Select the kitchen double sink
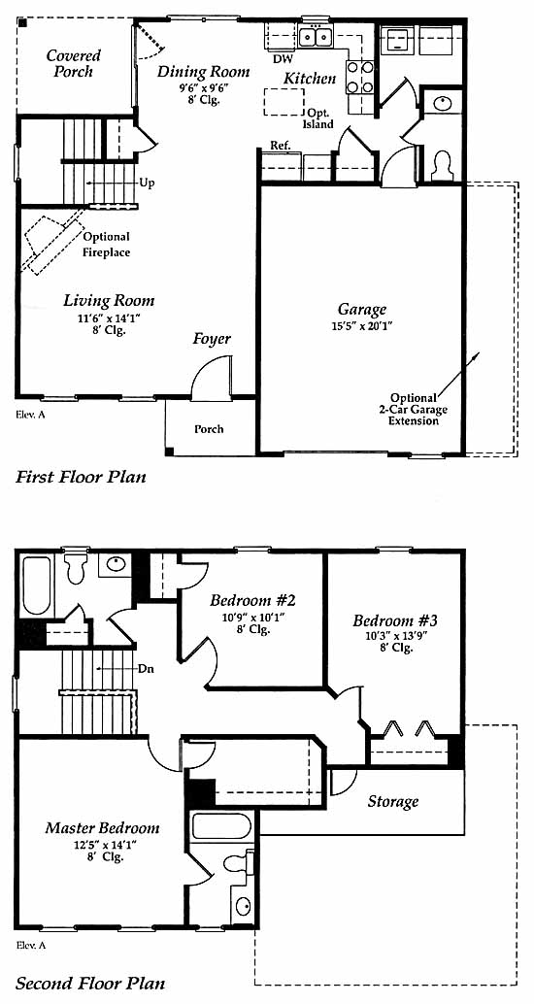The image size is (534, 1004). tap(316, 37)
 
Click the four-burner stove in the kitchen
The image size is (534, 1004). tap(360, 77)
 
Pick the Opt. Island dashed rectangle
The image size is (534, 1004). tap(284, 102)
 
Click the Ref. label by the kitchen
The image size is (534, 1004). tap(281, 146)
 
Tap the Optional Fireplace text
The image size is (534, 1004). tap(106, 245)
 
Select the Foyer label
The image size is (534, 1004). tap(212, 340)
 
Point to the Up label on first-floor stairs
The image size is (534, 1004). tap(147, 183)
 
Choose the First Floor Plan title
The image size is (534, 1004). tap(81, 477)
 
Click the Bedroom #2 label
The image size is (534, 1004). tap(252, 601)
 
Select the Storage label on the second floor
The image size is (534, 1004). tap(393, 801)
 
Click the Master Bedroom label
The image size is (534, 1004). tap(103, 828)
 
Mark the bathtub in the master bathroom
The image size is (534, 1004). tap(221, 826)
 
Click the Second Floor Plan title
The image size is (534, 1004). tap(90, 983)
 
